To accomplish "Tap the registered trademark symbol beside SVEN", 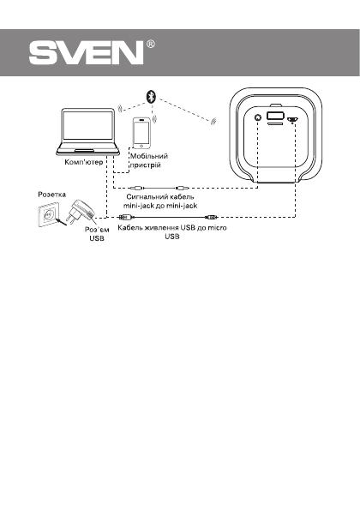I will pyautogui.click(x=151, y=44).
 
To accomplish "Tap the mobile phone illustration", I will pyautogui.click(x=141, y=134).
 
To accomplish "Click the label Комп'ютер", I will pyautogui.click(x=84, y=162).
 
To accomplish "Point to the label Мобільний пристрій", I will pyautogui.click(x=147, y=161).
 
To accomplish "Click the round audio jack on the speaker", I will pyautogui.click(x=256, y=117).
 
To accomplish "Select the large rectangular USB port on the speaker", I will pyautogui.click(x=276, y=117).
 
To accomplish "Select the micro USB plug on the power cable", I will pyautogui.click(x=210, y=220).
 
